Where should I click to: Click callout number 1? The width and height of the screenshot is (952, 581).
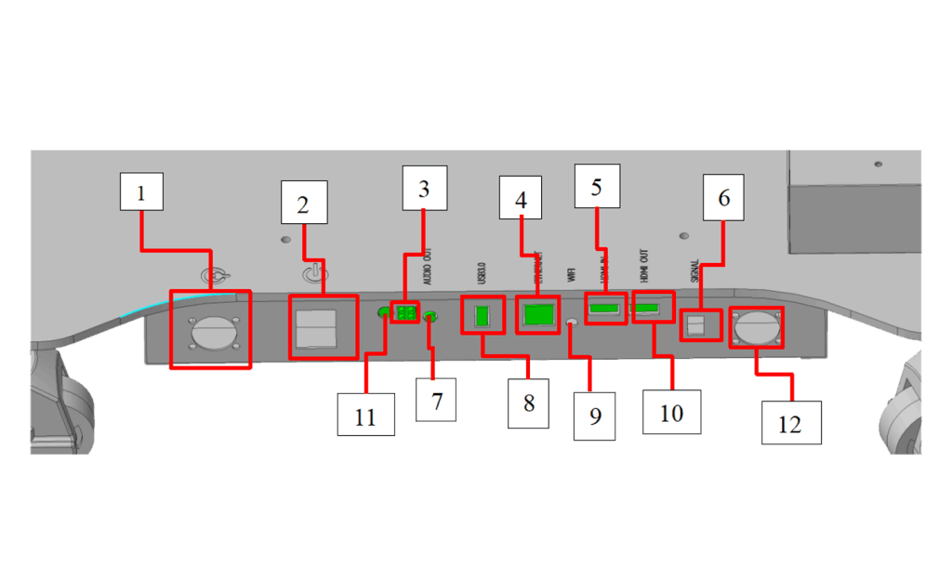pyautogui.click(x=141, y=195)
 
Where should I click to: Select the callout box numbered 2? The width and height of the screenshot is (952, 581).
pyautogui.click(x=303, y=205)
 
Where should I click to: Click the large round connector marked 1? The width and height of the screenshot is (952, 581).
pyautogui.click(x=210, y=330)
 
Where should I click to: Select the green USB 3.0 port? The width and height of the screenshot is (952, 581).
pyautogui.click(x=482, y=315)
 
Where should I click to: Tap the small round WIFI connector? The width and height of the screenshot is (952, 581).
pyautogui.click(x=573, y=322)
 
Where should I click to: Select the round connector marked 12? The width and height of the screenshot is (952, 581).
pyautogui.click(x=755, y=327)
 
